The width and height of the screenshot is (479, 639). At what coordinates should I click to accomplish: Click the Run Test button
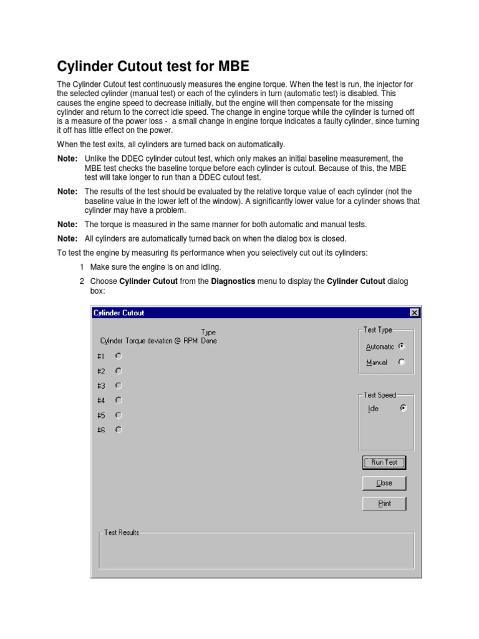pos(384,462)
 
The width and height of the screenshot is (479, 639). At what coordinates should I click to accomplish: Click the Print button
pos(384,504)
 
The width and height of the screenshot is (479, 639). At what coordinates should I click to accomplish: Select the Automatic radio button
pos(402,346)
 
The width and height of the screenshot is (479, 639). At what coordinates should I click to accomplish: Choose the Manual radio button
pos(402,362)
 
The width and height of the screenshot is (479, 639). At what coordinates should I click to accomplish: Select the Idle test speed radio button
pos(403,409)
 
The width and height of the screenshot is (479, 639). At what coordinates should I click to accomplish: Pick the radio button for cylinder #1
pos(119,356)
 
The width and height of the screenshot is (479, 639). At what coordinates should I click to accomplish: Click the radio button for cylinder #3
pos(119,386)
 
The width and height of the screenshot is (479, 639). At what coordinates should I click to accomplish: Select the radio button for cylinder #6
pos(119,429)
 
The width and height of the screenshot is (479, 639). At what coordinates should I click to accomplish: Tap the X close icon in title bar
pos(414,313)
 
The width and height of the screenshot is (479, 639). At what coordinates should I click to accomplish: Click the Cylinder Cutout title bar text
pos(119,313)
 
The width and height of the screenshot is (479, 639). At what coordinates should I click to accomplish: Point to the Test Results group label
pos(122,532)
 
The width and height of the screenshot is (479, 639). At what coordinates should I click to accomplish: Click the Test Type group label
pos(378,330)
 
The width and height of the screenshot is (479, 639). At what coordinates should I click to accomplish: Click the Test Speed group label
pos(379,395)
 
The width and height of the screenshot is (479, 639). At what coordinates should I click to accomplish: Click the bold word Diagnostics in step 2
pos(233,281)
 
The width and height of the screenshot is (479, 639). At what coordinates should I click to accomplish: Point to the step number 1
pos(82,266)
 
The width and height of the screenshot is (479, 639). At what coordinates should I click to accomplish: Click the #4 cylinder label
pos(101,401)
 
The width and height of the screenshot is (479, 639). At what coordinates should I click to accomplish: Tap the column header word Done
pos(209,341)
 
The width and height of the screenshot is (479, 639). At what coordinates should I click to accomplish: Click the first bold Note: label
pos(67,159)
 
